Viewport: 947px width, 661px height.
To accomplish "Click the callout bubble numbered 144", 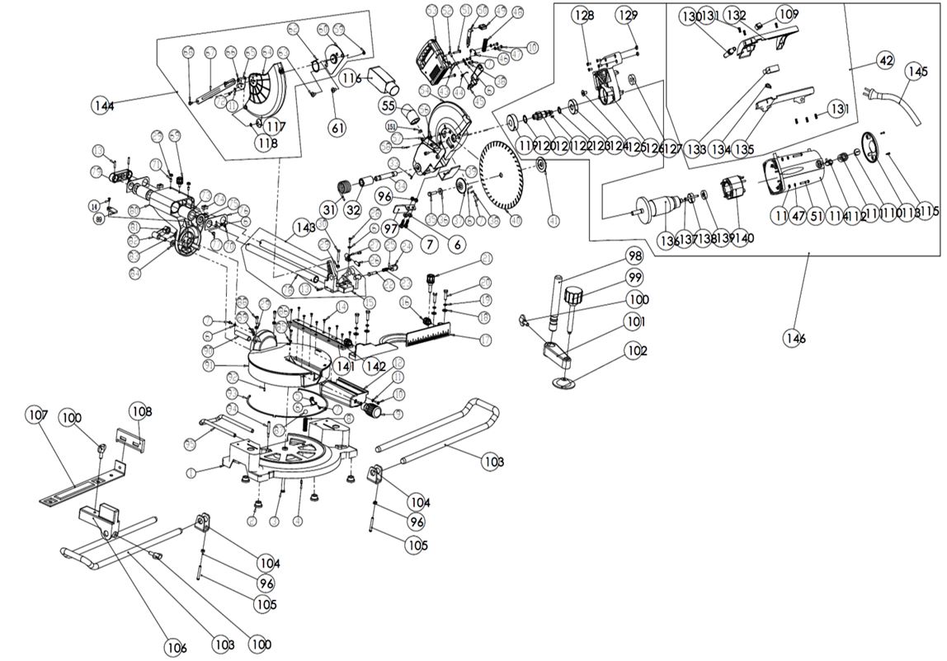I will coord(103,105).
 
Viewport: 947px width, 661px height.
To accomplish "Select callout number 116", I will coord(351,78).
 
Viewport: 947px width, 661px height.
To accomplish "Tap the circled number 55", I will coord(389,105).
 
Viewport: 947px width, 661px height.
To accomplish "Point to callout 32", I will coord(353,210).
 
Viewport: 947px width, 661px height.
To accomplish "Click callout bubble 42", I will coord(885,60).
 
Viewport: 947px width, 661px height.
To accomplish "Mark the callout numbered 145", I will coord(916,72).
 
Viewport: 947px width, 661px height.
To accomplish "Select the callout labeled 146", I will coord(797,338).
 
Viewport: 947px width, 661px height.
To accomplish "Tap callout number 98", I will coord(634,255).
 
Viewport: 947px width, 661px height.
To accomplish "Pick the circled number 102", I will coord(636,350).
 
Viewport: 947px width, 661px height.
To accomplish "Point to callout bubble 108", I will coord(140,411).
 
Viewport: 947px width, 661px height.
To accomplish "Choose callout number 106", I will coord(175,648).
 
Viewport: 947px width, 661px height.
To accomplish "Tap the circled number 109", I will coord(787,14).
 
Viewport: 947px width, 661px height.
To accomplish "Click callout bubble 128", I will coord(583,15).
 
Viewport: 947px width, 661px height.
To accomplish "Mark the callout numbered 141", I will coord(345,365).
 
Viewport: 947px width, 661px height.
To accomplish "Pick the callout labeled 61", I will coord(337,127).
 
